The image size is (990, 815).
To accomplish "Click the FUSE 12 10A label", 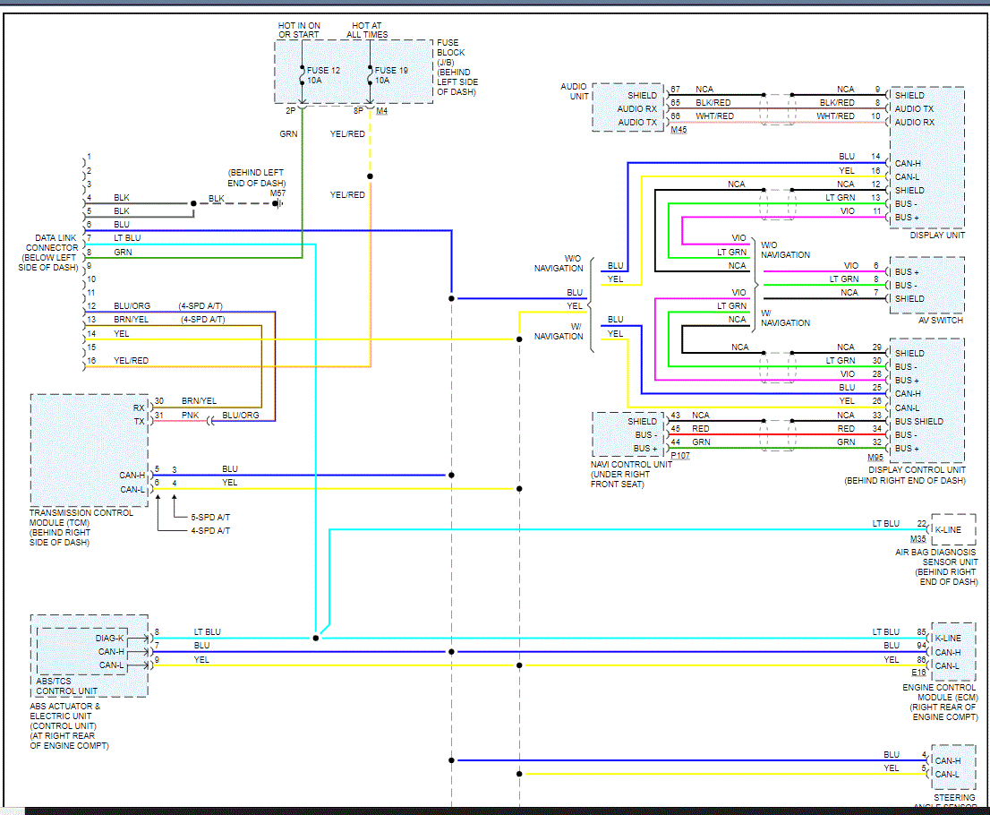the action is coord(323,75).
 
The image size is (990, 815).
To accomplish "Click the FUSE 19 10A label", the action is coord(391,75).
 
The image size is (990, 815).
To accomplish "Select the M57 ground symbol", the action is coord(277,203).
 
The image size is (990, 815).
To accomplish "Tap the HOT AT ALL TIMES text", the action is coord(367,30).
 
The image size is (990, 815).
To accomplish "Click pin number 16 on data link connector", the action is coord(91,361).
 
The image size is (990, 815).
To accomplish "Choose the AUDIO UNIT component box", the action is coord(628,107).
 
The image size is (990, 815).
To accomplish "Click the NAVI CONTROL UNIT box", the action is coord(629,434).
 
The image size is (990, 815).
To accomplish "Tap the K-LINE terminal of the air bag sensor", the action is coord(948,530).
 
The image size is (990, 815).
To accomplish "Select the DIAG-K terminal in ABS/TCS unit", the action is coord(109,638).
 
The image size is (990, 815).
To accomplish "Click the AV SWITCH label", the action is coord(941,321).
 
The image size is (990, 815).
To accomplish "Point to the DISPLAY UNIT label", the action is coord(937,235).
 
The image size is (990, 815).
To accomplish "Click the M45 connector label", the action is coord(678,130).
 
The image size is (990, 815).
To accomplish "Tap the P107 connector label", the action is coord(680,456).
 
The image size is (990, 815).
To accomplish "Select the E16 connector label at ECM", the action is coord(918,673).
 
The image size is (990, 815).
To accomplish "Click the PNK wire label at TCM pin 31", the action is coord(190,415).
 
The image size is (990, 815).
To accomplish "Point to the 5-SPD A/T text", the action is coord(210,518).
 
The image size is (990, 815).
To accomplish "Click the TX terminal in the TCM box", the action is coord(139,422).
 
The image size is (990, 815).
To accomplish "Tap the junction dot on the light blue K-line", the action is coord(316,638).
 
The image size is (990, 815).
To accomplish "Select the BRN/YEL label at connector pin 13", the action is coord(132,320).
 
